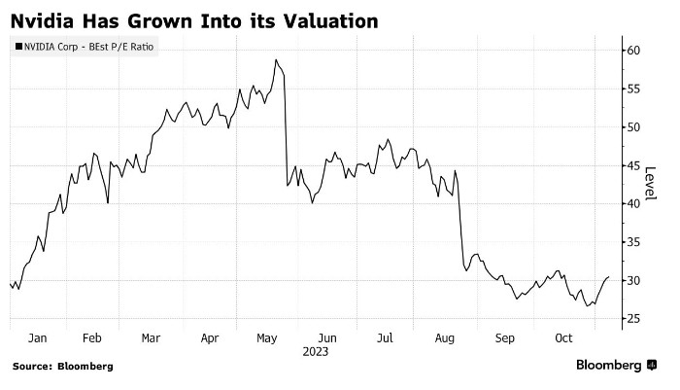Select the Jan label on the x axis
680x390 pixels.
tap(37, 338)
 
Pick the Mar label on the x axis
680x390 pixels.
tap(151, 338)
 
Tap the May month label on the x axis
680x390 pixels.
tap(268, 338)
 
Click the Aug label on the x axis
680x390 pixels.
tap(445, 338)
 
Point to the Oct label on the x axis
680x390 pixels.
tap(563, 338)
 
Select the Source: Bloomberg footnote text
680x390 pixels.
tap(62, 367)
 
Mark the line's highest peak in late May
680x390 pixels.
tap(276, 60)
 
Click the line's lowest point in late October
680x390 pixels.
tap(588, 305)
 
